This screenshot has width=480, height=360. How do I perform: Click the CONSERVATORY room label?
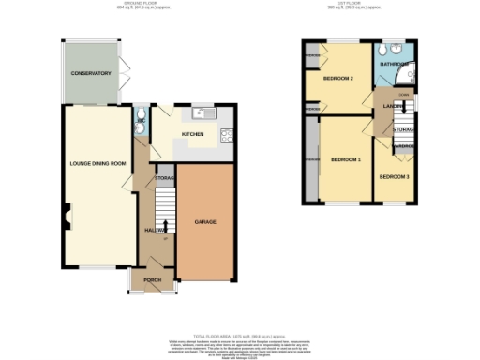click(91, 73)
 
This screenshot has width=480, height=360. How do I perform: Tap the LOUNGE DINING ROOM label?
click(97, 163)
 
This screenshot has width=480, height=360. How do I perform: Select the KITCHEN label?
click(193, 134)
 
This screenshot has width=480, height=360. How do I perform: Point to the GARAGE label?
click(205, 222)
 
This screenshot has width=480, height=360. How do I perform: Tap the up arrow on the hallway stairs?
click(165, 227)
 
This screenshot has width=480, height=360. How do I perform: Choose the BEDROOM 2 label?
click(338, 78)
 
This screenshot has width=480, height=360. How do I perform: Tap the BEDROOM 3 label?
click(394, 176)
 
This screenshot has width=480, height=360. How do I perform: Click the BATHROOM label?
click(391, 64)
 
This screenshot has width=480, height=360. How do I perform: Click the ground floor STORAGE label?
click(165, 177)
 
